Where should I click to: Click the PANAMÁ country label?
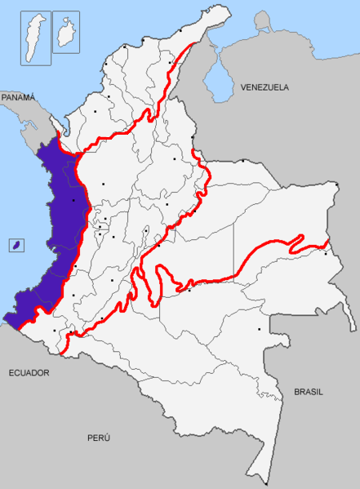tap(19, 97)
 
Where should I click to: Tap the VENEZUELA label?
tap(265, 87)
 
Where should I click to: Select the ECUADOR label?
tap(29, 372)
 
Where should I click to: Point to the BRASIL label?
tap(309, 392)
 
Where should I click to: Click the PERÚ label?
tap(99, 438)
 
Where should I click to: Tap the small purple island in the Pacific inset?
tap(15, 244)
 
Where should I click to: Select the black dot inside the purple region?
tap(73, 199)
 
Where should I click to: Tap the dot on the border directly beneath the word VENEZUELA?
tap(242, 161)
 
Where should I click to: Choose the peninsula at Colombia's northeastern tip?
tap(214, 18)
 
